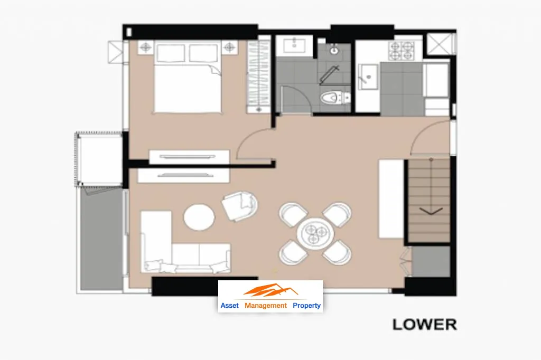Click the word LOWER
425,325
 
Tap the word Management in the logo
265,306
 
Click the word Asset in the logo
229,306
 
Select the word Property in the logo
306,306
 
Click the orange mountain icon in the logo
270,290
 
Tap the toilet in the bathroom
334,98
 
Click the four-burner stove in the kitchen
402,50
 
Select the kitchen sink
368,77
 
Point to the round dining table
315,233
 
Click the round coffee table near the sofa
199,217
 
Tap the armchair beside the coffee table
240,206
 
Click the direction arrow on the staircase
431,210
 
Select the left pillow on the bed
171,53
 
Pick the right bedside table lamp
229,47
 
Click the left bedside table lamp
146,47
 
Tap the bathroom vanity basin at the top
294,45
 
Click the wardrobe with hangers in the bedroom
259,77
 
